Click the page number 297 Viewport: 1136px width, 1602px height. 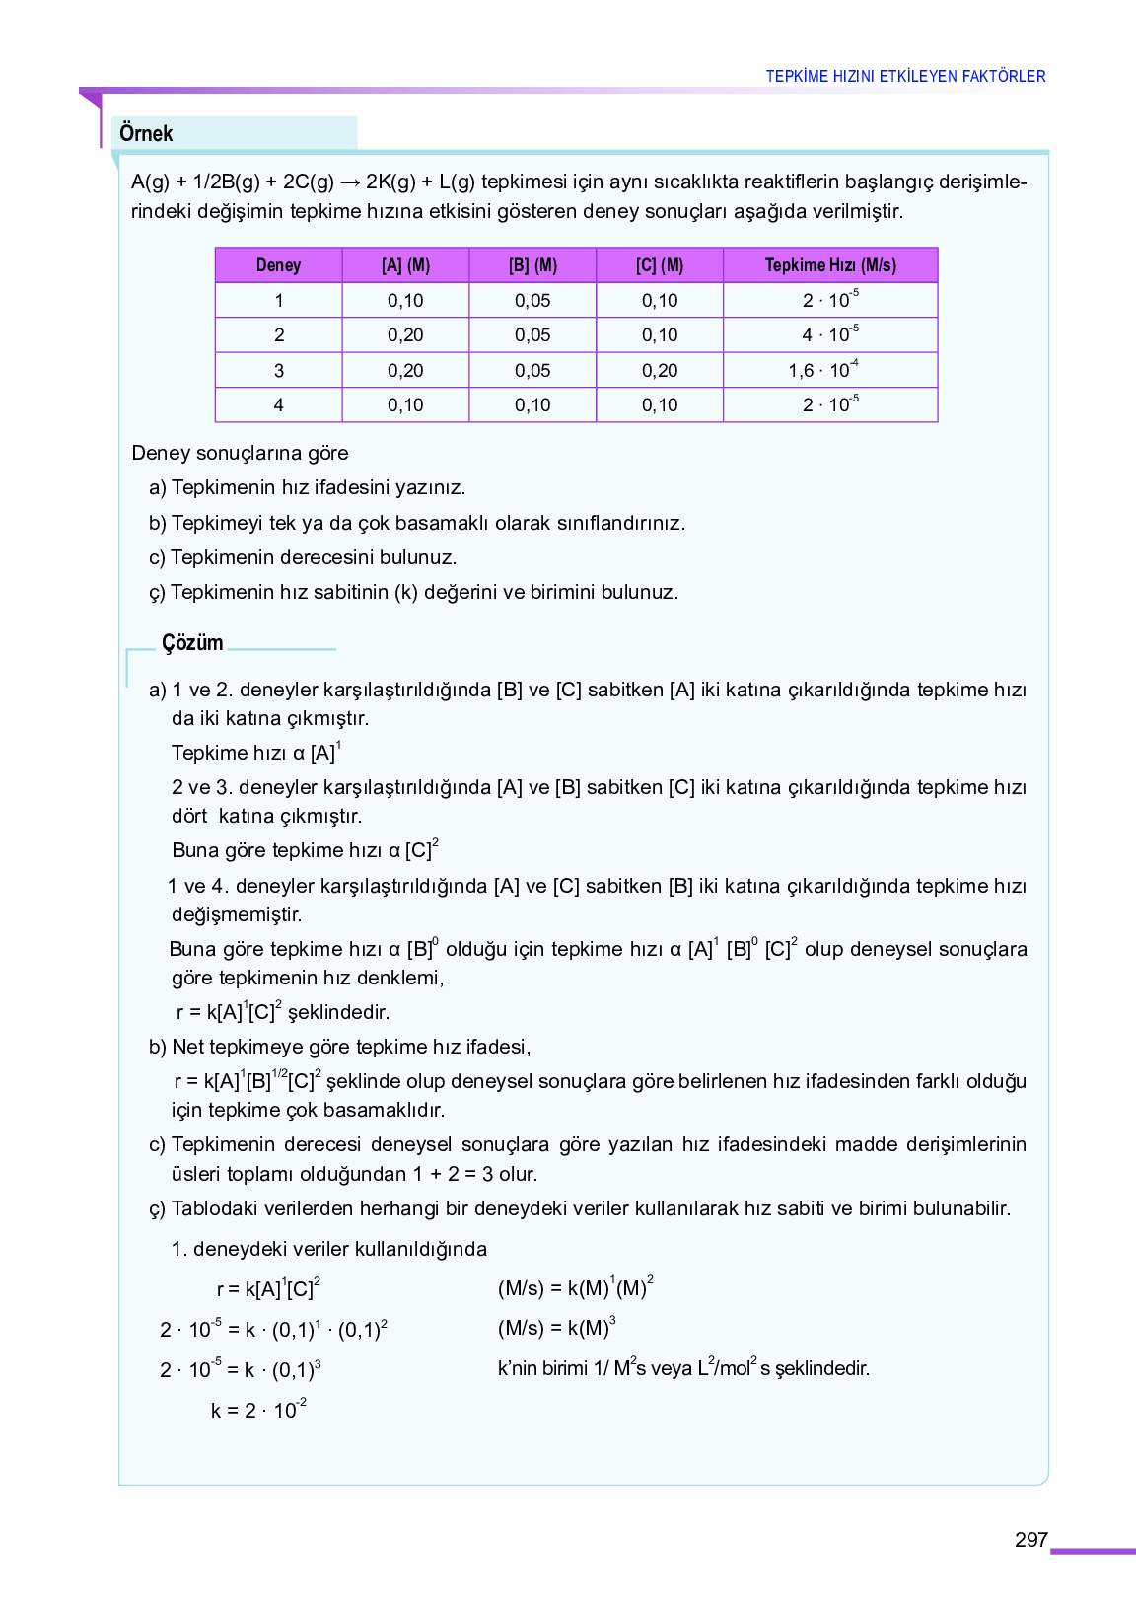(1030, 1540)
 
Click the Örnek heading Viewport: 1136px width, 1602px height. (146, 134)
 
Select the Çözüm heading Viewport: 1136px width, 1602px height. (192, 643)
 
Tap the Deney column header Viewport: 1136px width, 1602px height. (278, 265)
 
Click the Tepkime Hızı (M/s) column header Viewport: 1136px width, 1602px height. (830, 265)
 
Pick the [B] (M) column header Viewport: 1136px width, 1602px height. (532, 265)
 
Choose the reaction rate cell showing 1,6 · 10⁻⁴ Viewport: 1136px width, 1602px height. (823, 370)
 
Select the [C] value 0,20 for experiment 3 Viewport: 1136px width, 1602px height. (660, 371)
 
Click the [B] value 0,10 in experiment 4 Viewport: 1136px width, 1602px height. (532, 405)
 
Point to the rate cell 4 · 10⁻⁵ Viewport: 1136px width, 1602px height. (829, 335)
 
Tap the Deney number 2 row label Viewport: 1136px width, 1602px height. (279, 335)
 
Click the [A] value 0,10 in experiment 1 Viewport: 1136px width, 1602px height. (405, 301)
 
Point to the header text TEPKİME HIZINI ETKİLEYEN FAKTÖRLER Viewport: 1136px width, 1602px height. (905, 76)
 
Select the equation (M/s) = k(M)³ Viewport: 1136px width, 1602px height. (557, 1328)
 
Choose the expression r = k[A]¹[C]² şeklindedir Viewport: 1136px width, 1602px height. (283, 1012)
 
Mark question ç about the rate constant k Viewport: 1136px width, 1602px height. (414, 593)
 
